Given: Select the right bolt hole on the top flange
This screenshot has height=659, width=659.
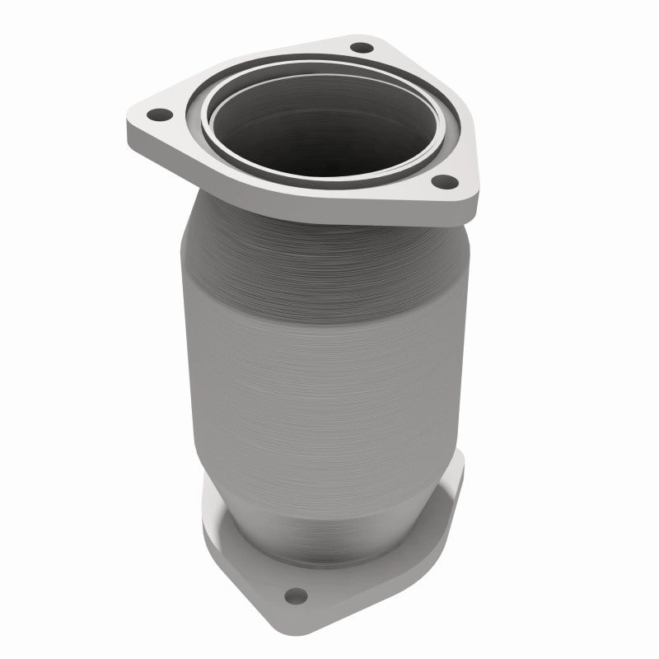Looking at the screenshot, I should tap(442, 181).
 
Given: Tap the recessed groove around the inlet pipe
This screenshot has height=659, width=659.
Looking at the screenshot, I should tap(247, 165).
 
